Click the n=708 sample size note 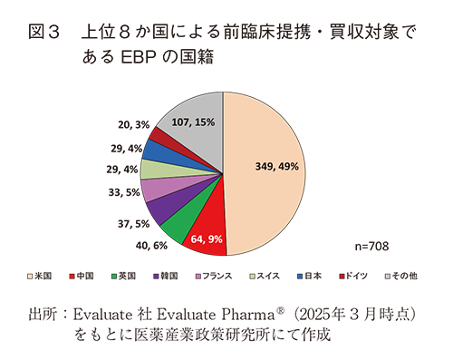pos(372,247)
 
